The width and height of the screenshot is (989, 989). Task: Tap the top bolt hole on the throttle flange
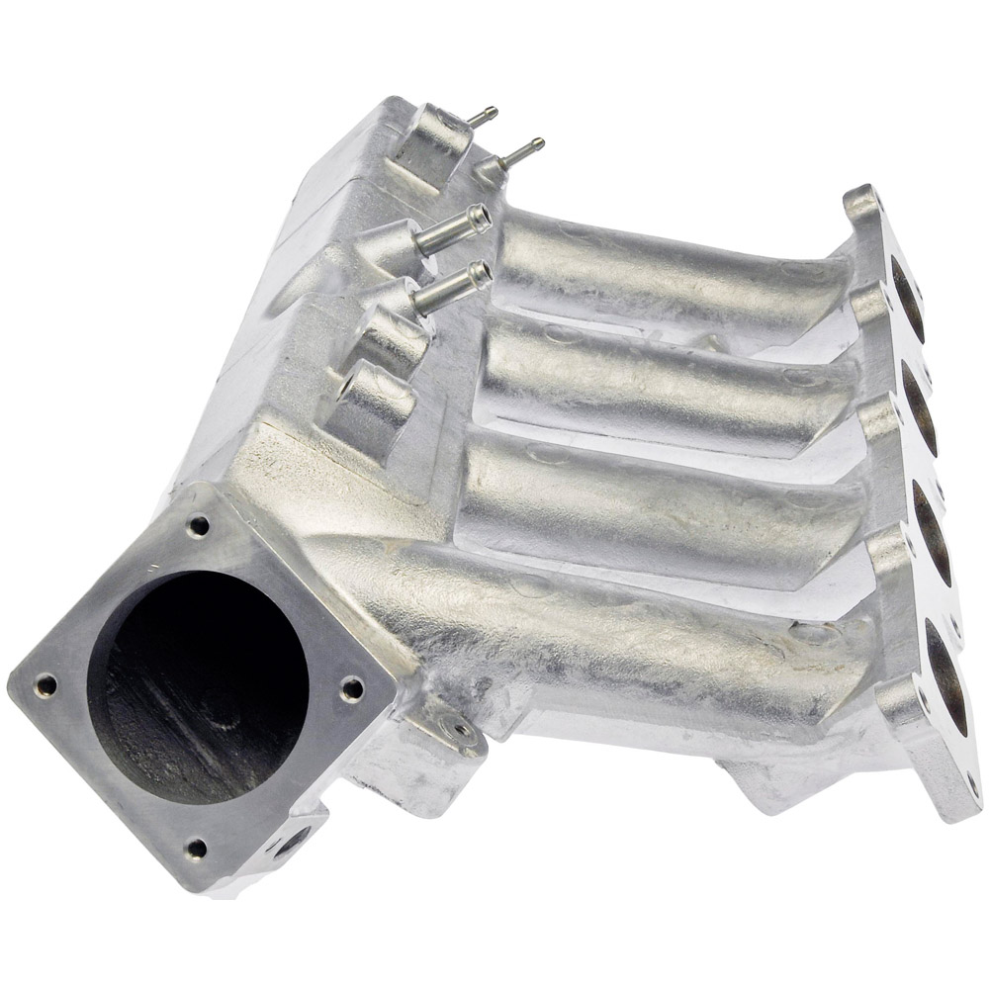point(199,526)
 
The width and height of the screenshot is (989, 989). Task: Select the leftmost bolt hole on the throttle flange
point(45,682)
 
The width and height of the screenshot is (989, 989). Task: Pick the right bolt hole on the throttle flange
point(351,690)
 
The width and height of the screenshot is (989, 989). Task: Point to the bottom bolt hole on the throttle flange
point(196,847)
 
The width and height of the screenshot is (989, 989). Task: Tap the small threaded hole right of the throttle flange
point(461,733)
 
